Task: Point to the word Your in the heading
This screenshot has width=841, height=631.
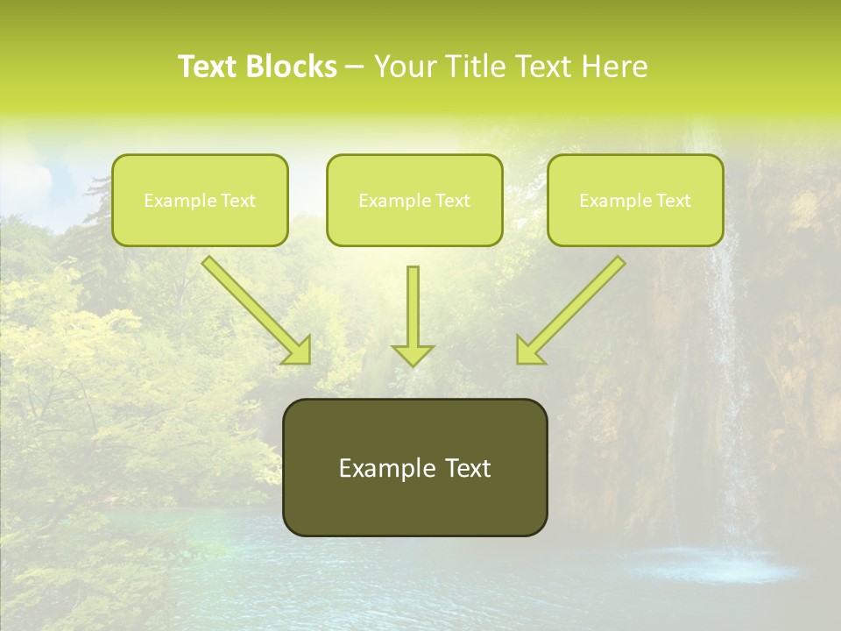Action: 405,67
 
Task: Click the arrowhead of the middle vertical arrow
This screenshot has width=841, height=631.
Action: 413,355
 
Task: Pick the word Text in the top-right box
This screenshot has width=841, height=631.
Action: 674,201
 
